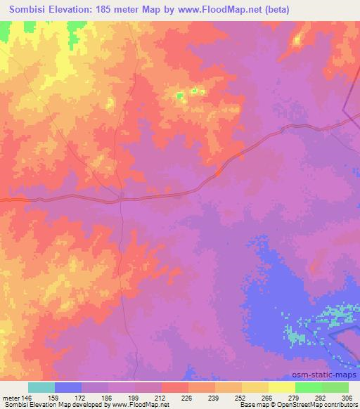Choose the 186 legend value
(x=108, y=397)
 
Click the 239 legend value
(x=214, y=397)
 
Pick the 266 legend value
(x=268, y=397)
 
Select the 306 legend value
(x=347, y=397)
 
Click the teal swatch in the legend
(x=41, y=387)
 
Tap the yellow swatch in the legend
(x=282, y=387)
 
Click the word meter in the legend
(x=11, y=397)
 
